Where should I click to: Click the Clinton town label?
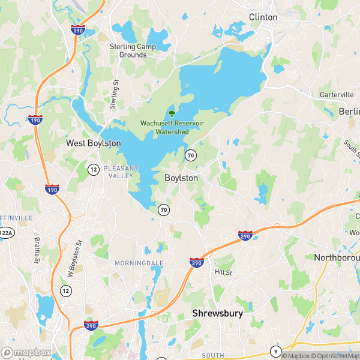tap(263, 17)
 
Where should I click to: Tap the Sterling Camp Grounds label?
tap(128, 50)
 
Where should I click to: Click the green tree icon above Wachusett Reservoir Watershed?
tap(172, 112)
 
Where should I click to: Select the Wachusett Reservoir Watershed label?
tap(164, 127)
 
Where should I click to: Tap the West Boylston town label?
tap(93, 143)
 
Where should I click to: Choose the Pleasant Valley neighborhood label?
tap(121, 172)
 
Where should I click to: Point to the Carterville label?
tap(337, 95)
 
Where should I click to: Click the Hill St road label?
tap(223, 272)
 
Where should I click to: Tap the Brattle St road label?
tap(37, 250)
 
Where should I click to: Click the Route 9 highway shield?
tap(275, 351)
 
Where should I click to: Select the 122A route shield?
tap(5, 233)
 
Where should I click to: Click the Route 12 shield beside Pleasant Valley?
tap(93, 169)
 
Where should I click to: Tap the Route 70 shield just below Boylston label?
tap(164, 209)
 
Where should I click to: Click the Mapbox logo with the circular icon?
tap(25, 353)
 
